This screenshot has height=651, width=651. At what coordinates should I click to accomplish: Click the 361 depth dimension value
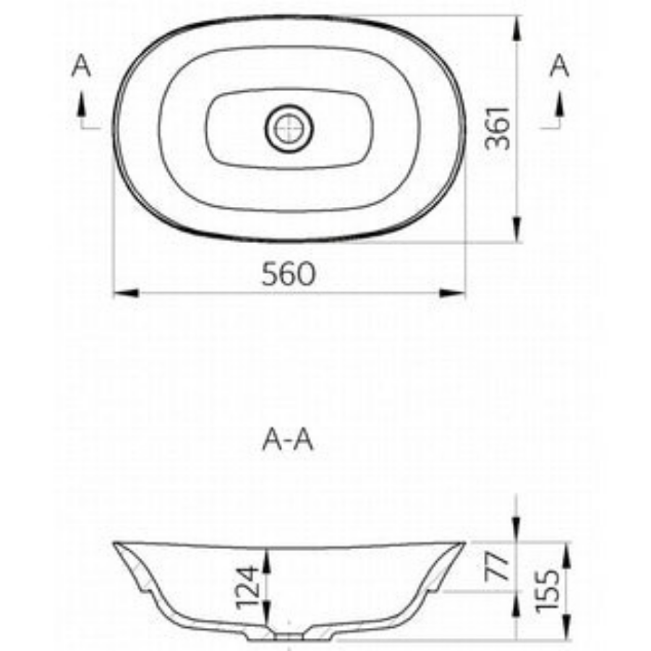[x=498, y=128]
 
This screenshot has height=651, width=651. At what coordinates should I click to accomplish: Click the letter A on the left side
[x=82, y=67]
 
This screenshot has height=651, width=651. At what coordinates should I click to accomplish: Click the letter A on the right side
[x=559, y=67]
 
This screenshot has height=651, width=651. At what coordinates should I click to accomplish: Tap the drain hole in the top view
[x=289, y=129]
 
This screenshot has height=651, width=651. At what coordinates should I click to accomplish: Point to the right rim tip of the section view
[x=463, y=543]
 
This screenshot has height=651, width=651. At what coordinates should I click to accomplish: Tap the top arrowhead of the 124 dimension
[x=268, y=556]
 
